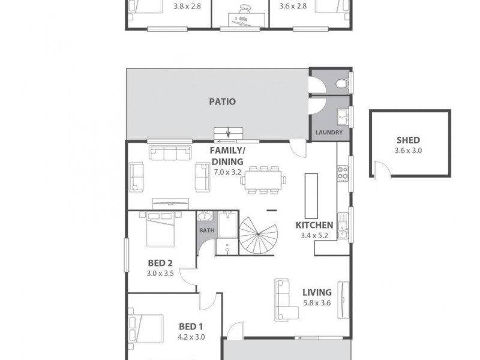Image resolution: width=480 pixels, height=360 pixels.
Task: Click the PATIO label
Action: click(x=222, y=101)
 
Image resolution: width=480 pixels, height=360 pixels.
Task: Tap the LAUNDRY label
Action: click(x=329, y=133)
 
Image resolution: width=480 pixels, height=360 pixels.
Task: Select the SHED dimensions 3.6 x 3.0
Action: click(x=409, y=151)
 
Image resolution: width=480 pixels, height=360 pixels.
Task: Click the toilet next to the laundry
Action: click(x=341, y=82)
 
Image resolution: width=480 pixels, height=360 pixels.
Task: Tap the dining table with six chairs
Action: click(x=265, y=179)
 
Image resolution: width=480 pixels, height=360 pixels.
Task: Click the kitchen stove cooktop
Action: click(x=343, y=173)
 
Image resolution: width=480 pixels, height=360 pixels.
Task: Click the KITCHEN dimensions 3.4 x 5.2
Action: click(x=314, y=236)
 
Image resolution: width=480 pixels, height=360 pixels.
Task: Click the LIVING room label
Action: click(x=316, y=294)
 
